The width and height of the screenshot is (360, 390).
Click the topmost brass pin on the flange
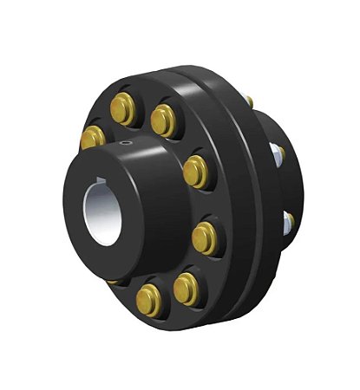(x=122, y=107)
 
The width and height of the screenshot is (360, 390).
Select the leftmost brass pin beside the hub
(x=91, y=136)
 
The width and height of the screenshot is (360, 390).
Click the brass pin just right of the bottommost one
(x=185, y=287)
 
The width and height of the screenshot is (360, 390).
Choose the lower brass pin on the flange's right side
(x=205, y=236)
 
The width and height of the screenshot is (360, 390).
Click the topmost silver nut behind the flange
(x=251, y=103)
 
